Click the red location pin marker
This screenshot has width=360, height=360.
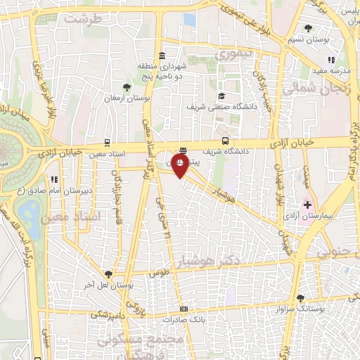click(180, 166)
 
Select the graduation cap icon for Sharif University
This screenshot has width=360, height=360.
click(221, 96)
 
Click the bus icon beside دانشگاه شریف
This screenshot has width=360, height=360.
click(225, 139)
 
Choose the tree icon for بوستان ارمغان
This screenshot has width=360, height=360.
click(126, 87)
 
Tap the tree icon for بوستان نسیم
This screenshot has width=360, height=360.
click(309, 29)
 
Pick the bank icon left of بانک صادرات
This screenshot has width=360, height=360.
click(184, 309)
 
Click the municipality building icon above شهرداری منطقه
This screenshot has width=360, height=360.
click(162, 56)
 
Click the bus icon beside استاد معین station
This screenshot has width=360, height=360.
click(107, 141)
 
